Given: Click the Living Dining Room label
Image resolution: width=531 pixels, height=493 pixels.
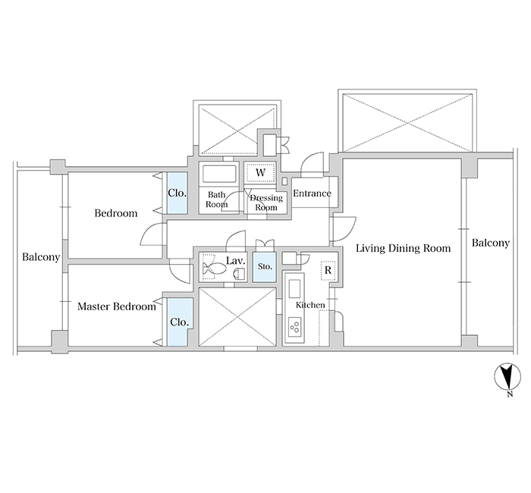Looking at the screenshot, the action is (403, 248).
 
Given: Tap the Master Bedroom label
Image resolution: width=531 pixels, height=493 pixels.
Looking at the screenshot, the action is (117, 306).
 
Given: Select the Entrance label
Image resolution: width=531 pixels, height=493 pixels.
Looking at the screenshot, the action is (312, 193).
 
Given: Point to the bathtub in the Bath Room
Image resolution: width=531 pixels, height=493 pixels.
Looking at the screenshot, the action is (219, 174).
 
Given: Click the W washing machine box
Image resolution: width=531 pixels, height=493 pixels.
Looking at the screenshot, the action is (260, 173).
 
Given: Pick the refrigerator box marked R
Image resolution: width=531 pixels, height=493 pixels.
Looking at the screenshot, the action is (328, 270).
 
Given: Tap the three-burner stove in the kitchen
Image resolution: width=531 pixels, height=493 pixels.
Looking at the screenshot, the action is (294, 325).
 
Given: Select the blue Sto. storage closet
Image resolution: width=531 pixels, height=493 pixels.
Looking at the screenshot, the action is (265, 267).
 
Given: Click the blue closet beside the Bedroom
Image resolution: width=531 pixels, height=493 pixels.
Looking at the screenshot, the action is (177, 193).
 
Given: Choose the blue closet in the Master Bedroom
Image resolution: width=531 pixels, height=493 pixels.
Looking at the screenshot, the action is (180, 322).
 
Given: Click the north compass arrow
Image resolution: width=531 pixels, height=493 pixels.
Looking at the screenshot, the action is (507, 377).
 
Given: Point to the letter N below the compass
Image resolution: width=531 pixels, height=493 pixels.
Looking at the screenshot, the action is (510, 394).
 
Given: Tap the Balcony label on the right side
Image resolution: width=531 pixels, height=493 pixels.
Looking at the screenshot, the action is (491, 243).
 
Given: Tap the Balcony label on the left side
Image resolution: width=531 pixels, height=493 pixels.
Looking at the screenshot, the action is (41, 257).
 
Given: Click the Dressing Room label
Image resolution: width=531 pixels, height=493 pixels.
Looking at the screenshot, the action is (266, 203).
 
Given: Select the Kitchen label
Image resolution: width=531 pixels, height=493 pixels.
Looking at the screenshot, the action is (310, 305).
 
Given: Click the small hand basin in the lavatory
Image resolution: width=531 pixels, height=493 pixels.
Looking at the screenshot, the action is (240, 274).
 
